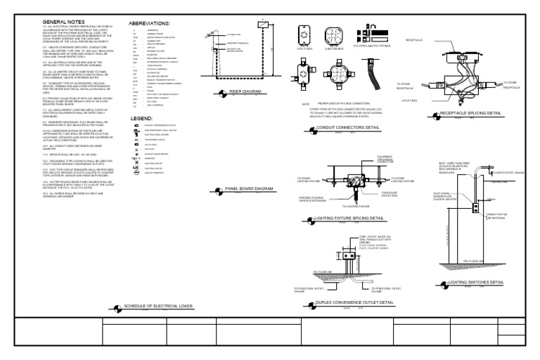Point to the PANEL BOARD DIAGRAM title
pos(249,188)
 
